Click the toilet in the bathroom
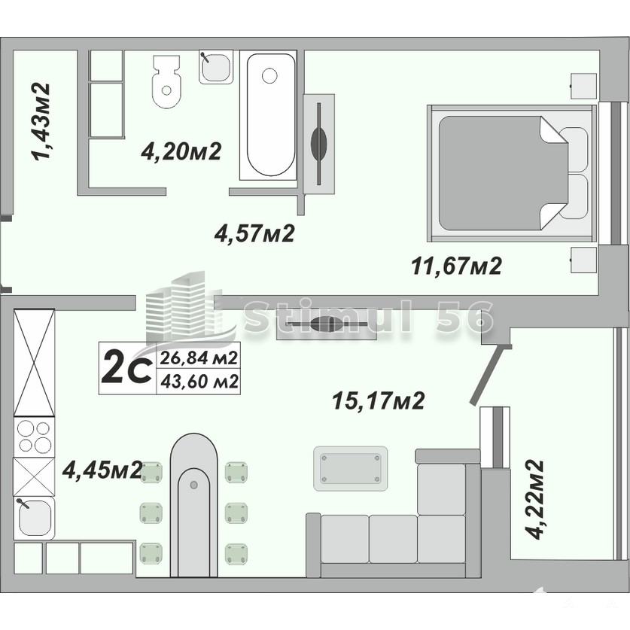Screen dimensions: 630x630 click(x=167, y=81)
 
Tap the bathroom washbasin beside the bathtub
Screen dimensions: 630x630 click(x=216, y=67)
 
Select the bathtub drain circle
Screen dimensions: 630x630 click(x=269, y=75)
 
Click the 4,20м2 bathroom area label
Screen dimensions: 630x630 click(x=181, y=151)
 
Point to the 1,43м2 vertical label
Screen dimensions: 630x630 click(x=42, y=122)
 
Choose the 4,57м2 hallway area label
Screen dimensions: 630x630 click(x=254, y=233)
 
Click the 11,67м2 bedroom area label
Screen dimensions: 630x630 click(x=457, y=266)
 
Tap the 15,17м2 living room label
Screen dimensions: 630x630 click(x=379, y=400)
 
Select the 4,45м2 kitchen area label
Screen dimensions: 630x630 click(x=102, y=470)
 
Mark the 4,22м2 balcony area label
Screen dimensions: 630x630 click(x=535, y=500)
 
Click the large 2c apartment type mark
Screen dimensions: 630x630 click(x=126, y=367)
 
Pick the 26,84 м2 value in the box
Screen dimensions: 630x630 click(x=199, y=358)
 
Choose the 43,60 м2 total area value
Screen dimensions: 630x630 click(x=199, y=382)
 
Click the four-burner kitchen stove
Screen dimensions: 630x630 click(x=34, y=437)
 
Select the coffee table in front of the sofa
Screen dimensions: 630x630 click(x=351, y=468)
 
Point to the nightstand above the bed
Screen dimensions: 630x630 click(x=584, y=87)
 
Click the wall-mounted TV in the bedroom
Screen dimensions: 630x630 click(x=319, y=144)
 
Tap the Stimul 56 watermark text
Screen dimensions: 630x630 click(x=368, y=318)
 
